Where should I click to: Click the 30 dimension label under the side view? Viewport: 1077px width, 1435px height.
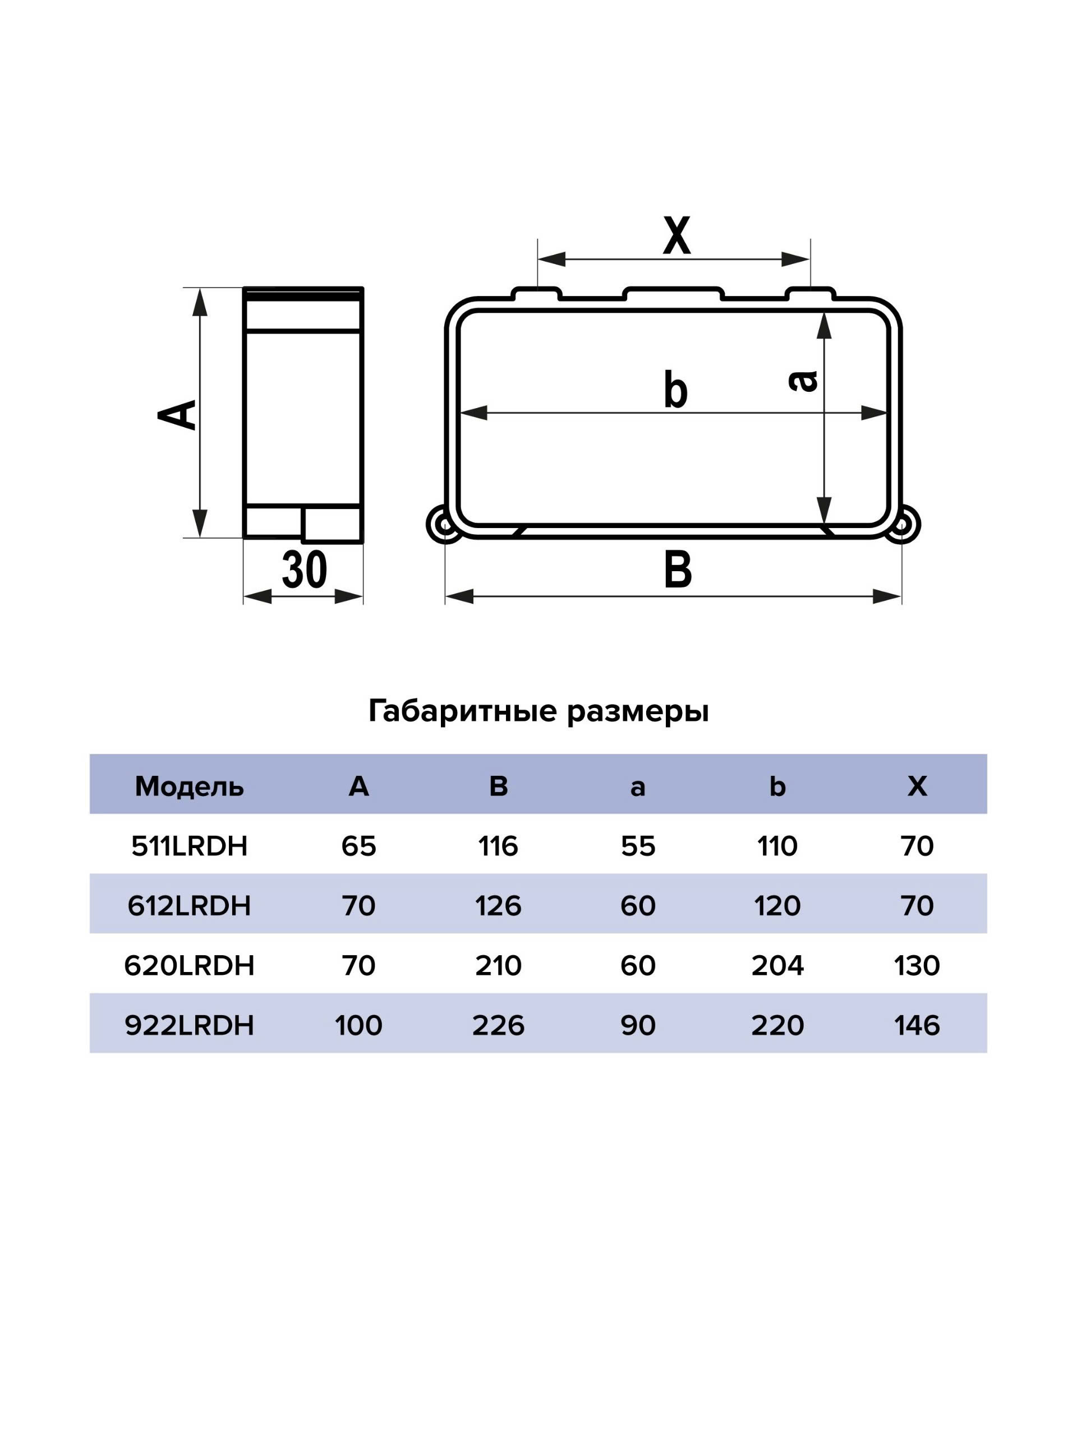pos(304,570)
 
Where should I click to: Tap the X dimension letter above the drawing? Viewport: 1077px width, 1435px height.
pos(676,236)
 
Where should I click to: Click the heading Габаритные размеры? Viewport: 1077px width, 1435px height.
pos(538,711)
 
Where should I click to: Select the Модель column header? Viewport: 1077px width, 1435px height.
pos(189,786)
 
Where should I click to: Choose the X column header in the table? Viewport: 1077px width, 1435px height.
pos(917,786)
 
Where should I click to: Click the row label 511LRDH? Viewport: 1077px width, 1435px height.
pos(189,846)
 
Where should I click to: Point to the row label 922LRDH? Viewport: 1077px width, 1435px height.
pos(189,1026)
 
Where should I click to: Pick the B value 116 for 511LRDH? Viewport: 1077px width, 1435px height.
pos(498,846)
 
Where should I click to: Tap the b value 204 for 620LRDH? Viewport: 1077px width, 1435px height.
pos(777,966)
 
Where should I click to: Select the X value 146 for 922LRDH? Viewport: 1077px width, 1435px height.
pos(917,1026)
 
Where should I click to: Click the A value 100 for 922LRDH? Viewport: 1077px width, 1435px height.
pos(358,1026)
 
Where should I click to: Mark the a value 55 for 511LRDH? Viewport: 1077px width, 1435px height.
pos(637,846)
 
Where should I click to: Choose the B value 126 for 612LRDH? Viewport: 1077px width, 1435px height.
pos(498,906)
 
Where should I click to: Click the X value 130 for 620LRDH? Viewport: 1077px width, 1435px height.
pos(917,966)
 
